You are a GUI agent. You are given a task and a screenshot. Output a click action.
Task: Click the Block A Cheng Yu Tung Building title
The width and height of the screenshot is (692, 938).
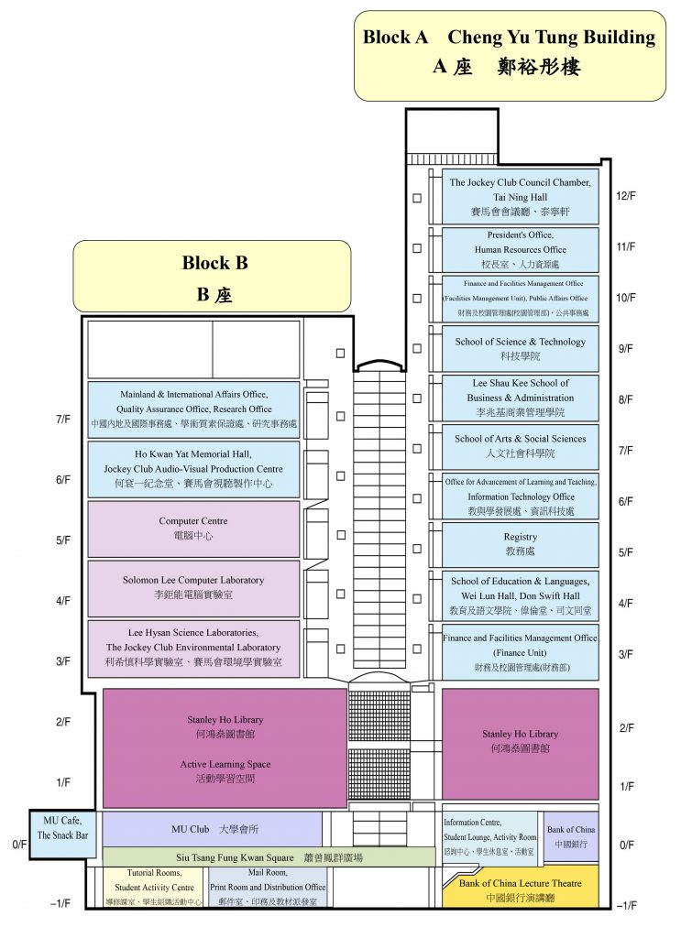pos(510,53)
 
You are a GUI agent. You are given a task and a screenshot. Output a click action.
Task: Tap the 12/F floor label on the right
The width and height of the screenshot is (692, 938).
pos(626,197)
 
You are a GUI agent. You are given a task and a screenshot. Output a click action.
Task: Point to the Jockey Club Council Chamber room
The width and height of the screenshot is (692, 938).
pos(520,196)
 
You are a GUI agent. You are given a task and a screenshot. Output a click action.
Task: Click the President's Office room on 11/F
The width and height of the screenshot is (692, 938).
pos(520,249)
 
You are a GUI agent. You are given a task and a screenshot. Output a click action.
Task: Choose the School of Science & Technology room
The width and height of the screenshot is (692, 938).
pos(520,348)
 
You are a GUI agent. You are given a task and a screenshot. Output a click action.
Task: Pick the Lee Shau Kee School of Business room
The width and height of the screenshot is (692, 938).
pos(520,398)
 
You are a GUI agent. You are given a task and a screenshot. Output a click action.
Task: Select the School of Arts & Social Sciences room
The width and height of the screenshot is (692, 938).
pos(520,446)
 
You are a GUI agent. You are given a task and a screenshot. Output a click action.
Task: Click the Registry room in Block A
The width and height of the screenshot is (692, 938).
pos(520,544)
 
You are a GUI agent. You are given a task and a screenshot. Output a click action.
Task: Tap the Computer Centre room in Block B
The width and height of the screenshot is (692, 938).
pos(193,529)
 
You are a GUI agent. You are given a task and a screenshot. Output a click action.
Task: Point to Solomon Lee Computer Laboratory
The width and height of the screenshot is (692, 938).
pos(193,588)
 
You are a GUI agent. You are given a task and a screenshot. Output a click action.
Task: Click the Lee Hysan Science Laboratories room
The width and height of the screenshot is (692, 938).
pos(193,649)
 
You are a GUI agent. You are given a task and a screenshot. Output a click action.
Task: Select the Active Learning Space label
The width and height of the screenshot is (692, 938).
pos(225,770)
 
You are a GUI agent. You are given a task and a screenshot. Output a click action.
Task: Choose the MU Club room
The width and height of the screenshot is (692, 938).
pos(212,830)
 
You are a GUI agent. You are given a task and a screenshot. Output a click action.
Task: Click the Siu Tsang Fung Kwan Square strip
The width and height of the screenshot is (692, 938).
pos(269,857)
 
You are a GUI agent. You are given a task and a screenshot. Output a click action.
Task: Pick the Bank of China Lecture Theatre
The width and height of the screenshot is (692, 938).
pos(520,889)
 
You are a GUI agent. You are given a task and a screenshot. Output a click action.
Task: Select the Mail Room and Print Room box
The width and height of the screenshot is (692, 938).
pos(268,888)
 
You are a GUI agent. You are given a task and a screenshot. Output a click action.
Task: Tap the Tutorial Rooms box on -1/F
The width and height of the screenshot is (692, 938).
pos(153,888)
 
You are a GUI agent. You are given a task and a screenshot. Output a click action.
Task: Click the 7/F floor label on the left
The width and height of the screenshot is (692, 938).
pos(62,420)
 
